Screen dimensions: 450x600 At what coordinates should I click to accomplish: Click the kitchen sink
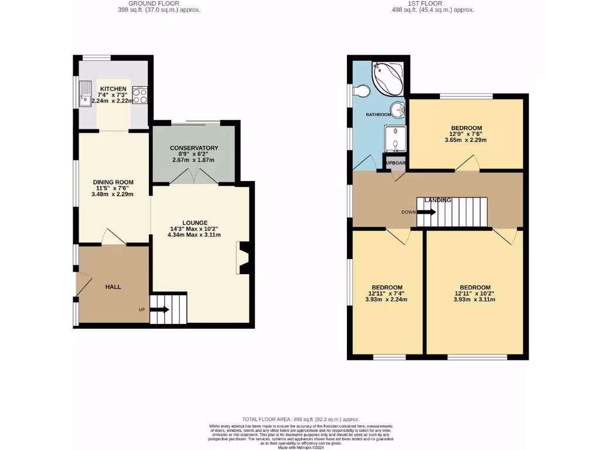click(86, 94)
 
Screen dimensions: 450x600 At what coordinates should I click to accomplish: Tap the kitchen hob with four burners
click(140, 94)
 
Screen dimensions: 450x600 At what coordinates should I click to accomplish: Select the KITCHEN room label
click(113, 88)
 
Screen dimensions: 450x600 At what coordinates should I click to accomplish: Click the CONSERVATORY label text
click(194, 148)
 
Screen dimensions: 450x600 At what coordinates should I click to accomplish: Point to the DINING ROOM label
click(113, 182)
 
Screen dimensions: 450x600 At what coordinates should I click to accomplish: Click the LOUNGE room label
click(195, 223)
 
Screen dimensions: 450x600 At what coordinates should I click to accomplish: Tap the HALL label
click(113, 287)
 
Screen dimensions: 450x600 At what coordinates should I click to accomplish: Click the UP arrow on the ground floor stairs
click(159, 309)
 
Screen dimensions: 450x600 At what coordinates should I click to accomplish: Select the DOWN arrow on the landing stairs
click(426, 212)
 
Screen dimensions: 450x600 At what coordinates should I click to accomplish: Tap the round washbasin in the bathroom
click(398, 109)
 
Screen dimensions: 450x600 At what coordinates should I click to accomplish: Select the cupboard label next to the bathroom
click(396, 163)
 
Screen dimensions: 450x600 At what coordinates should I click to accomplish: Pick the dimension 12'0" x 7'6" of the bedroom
click(466, 134)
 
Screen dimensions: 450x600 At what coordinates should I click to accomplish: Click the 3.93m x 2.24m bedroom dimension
click(387, 299)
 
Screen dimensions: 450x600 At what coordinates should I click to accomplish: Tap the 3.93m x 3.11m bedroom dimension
click(474, 299)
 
